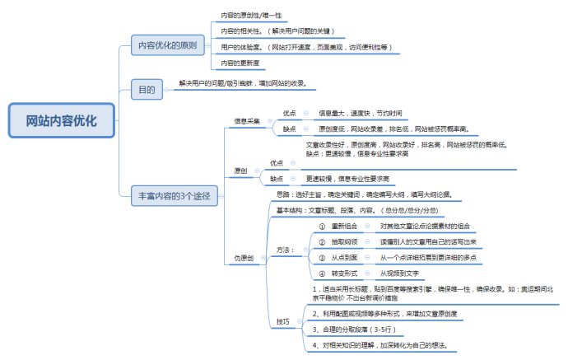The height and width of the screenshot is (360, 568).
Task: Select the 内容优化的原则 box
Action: [167, 46]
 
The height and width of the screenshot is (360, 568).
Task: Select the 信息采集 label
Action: [247, 121]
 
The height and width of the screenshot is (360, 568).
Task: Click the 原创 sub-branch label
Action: [240, 171]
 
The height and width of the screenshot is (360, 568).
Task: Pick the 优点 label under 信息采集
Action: [290, 113]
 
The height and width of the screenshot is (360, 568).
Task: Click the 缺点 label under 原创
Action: [277, 178]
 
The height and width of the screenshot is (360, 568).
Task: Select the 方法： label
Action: [286, 249]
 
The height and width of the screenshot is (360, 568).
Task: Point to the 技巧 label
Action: [282, 320]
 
